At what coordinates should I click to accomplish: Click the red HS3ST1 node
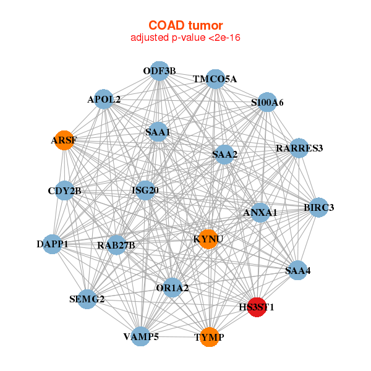pyautogui.click(x=257, y=307)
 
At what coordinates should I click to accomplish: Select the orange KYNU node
pyautogui.click(x=209, y=239)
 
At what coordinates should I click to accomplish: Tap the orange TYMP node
pyautogui.click(x=210, y=337)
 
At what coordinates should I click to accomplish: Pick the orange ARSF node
pyautogui.click(x=64, y=140)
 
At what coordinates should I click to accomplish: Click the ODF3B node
pyautogui.click(x=160, y=71)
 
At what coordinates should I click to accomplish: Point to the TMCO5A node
pyautogui.click(x=215, y=79)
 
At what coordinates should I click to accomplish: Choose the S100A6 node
pyautogui.click(x=267, y=102)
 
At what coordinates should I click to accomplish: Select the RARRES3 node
pyautogui.click(x=299, y=148)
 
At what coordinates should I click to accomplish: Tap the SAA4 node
pyautogui.click(x=298, y=270)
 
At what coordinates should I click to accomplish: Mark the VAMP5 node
pyautogui.click(x=141, y=336)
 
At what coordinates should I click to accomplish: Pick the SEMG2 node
pyautogui.click(x=87, y=299)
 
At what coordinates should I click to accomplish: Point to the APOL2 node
pyautogui.click(x=104, y=99)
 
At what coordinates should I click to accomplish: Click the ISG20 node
pyautogui.click(x=145, y=190)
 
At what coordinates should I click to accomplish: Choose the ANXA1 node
pyautogui.click(x=260, y=213)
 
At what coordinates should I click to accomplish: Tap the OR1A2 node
pyautogui.click(x=173, y=288)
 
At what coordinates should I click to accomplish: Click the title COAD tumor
pyautogui.click(x=185, y=25)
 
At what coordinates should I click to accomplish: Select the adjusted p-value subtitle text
pyautogui.click(x=185, y=38)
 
